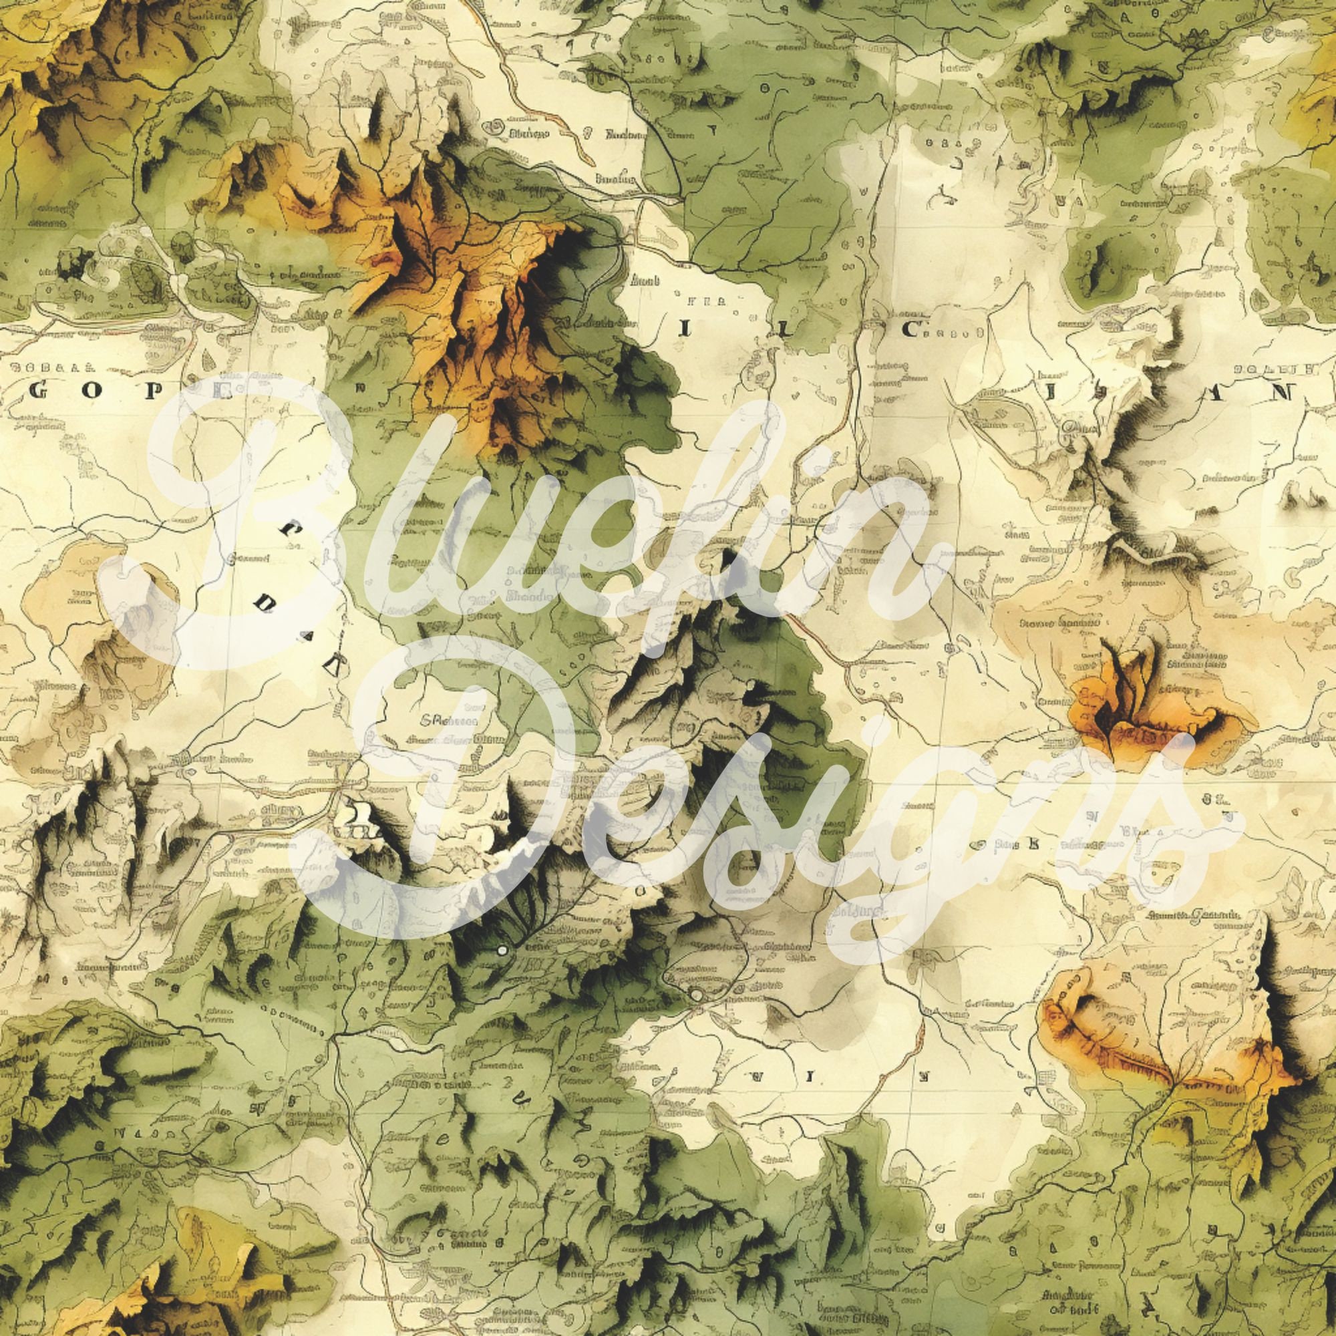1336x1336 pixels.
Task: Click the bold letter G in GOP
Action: tap(39, 391)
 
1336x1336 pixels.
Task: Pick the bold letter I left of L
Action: tap(683, 329)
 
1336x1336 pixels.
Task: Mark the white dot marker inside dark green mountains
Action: tap(502, 951)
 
